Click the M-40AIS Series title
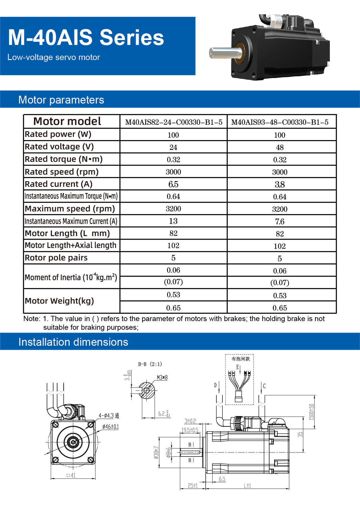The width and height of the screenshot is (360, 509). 86,38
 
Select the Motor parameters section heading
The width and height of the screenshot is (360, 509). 61,100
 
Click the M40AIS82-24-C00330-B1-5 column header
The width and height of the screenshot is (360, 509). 173,122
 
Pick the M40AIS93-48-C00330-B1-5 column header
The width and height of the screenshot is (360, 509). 280,122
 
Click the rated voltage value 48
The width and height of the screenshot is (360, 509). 280,147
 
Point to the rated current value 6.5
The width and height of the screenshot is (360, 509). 173,184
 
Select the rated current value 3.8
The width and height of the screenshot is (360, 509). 280,184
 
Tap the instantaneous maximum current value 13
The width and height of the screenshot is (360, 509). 173,221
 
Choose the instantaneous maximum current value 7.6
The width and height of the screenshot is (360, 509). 280,222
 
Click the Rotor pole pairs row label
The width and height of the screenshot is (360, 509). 56,258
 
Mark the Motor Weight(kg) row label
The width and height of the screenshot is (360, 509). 59,301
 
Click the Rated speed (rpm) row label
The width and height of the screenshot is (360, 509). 61,172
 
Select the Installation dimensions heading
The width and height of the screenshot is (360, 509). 73,342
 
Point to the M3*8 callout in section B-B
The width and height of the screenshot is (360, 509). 162,377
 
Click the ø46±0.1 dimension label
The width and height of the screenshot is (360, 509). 111,427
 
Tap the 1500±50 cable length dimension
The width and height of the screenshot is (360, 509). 311,412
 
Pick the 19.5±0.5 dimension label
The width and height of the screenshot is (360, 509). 190,430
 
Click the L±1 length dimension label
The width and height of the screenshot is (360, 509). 247,486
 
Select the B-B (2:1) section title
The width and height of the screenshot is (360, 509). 150,364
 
